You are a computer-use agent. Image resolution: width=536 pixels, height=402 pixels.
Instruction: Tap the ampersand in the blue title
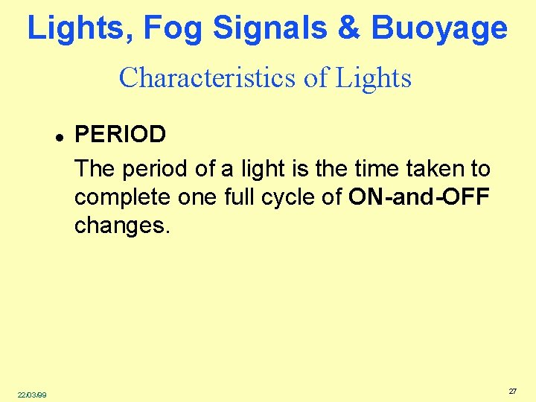coord(348,28)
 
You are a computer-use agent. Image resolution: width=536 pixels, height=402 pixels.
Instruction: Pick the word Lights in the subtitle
coord(373,78)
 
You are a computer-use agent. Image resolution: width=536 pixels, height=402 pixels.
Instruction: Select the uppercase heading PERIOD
coord(121,135)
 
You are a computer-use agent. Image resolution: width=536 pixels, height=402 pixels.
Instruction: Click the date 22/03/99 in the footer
coord(31,394)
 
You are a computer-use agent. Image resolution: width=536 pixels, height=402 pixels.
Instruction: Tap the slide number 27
coord(512,391)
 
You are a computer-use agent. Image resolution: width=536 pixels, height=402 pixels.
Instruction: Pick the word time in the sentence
coord(373,169)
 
